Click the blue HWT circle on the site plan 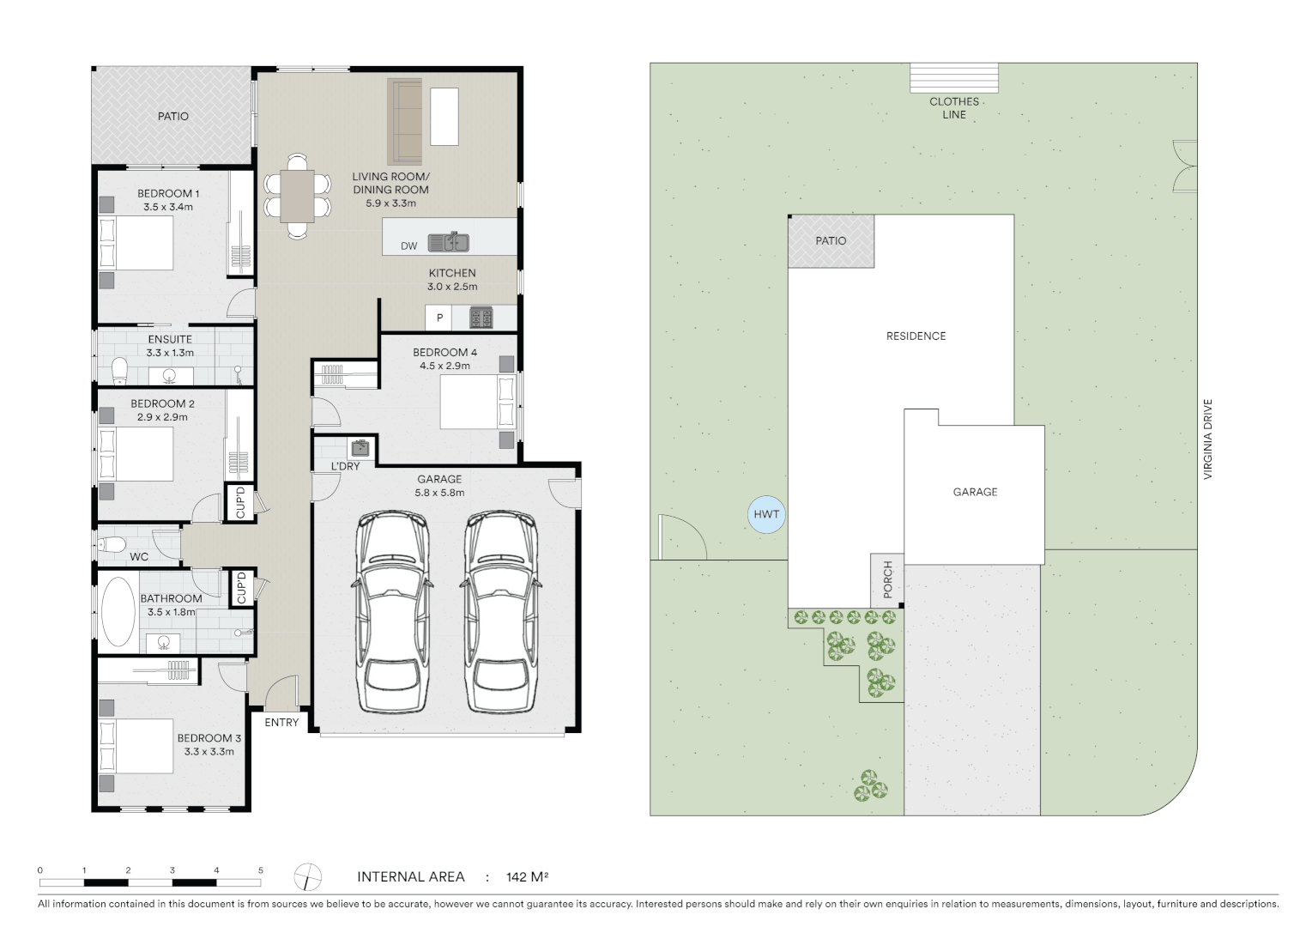pos(766,515)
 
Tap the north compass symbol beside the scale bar pos(307,877)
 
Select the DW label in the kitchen pos(408,246)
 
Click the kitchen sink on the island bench pos(448,242)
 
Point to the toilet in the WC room pos(112,544)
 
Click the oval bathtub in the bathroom pos(118,611)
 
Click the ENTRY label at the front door pos(281,723)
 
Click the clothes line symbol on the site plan pos(954,78)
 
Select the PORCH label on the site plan pos(888,579)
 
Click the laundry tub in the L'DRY pos(360,448)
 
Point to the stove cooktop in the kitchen pos(481,318)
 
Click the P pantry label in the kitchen pos(439,318)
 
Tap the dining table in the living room pos(297,196)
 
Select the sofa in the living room pos(404,121)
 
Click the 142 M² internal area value pos(527,877)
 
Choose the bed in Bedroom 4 pos(473,402)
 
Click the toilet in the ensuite pos(120,371)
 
